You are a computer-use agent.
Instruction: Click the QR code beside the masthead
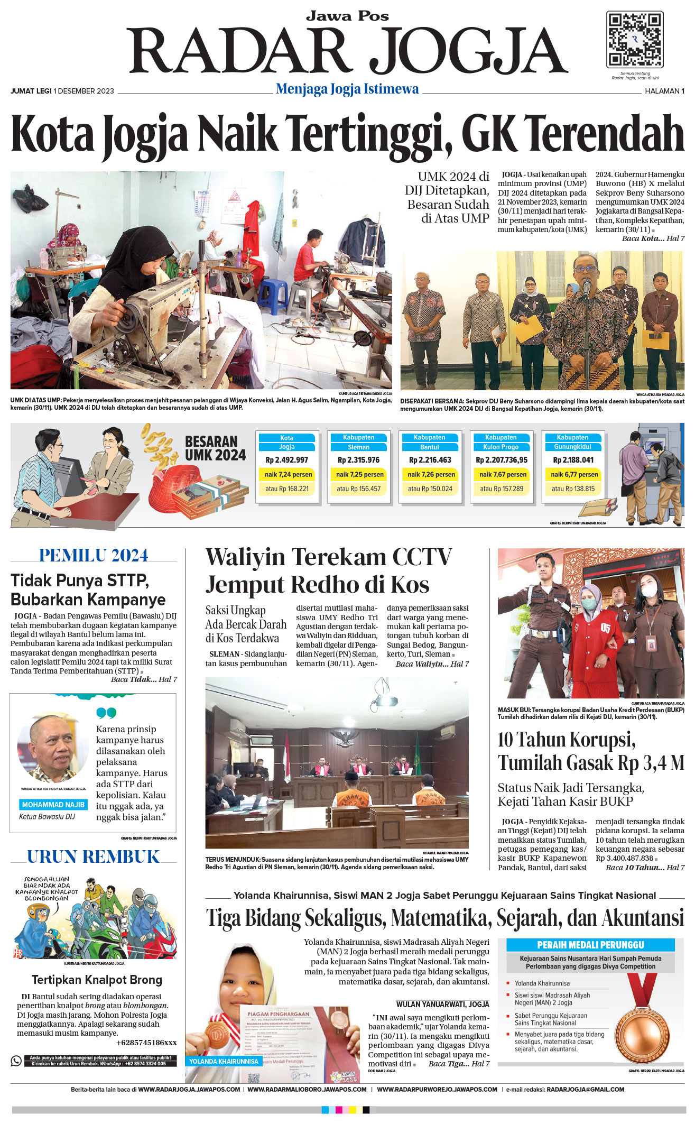(634, 40)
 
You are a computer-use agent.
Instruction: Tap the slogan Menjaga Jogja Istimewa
(347, 89)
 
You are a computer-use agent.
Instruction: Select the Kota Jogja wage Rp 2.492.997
(286, 460)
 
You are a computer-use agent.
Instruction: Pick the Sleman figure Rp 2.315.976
(358, 460)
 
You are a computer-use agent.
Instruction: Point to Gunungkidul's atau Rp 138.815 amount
(573, 489)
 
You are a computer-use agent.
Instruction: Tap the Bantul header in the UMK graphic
(429, 447)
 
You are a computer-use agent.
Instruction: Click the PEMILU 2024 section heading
(94, 556)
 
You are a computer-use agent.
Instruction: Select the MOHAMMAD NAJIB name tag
(53, 805)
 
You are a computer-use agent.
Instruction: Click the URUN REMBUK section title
(93, 857)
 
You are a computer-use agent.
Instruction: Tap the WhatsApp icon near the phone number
(16, 1061)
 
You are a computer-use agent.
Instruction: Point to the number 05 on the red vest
(605, 629)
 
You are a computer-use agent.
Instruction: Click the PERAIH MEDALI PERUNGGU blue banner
(590, 945)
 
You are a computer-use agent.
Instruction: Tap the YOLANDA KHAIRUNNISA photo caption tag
(224, 1061)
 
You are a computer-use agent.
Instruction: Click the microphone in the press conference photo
(586, 286)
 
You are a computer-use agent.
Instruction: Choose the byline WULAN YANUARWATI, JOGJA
(442, 1004)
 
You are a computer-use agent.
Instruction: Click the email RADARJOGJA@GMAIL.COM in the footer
(585, 1090)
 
